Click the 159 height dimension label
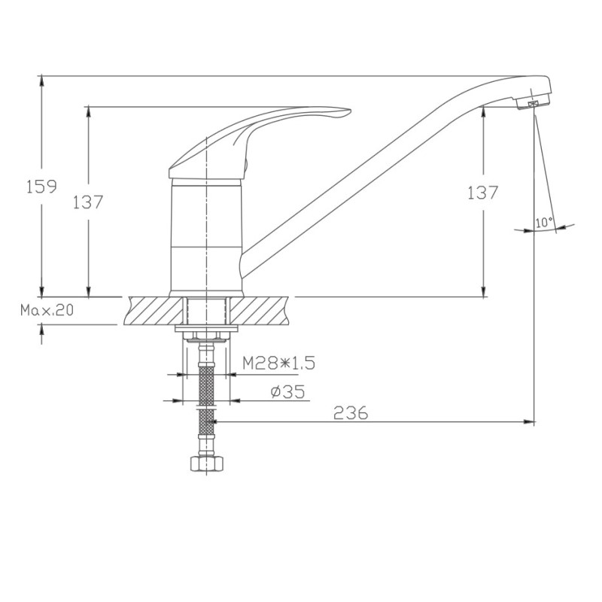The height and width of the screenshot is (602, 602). pyautogui.click(x=41, y=186)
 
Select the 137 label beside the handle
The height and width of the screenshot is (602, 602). pyautogui.click(x=88, y=202)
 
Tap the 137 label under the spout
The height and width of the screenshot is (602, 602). pyautogui.click(x=482, y=193)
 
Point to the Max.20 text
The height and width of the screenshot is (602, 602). pyautogui.click(x=47, y=310)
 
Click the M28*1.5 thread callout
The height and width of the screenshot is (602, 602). pyautogui.click(x=278, y=363)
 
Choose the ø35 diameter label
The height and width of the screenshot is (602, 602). pyautogui.click(x=287, y=391)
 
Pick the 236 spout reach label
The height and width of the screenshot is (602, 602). pyautogui.click(x=351, y=412)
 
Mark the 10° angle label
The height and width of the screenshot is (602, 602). pyautogui.click(x=544, y=222)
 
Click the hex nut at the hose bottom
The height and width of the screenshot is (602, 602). pyautogui.click(x=206, y=463)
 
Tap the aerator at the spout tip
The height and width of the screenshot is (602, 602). pyautogui.click(x=534, y=102)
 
